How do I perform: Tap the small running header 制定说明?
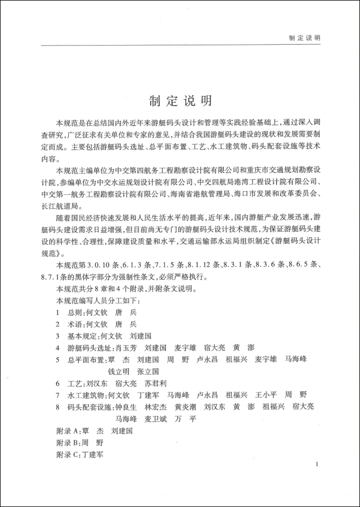click(304, 38)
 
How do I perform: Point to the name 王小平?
click(266, 395)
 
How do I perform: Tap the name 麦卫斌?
click(155, 419)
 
